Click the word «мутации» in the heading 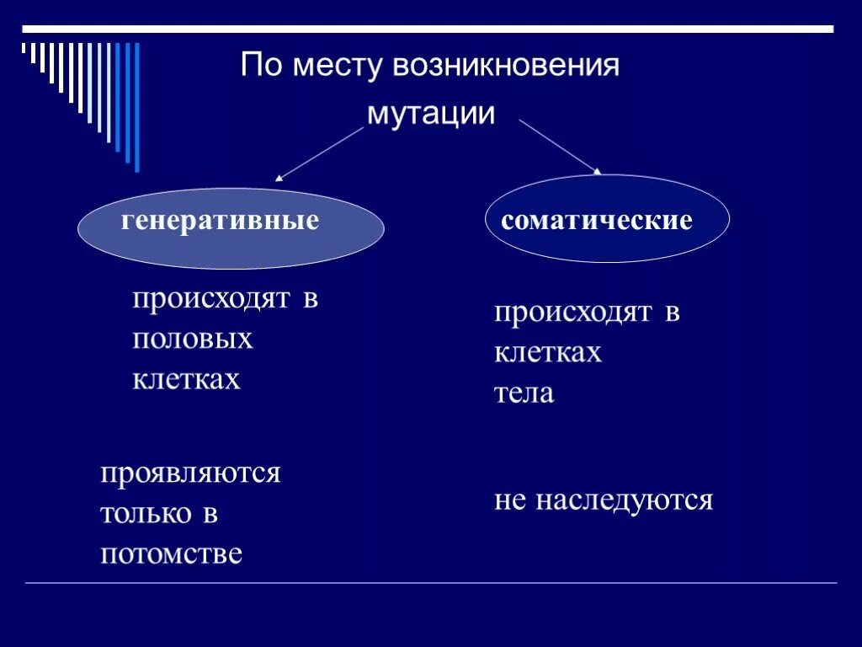tap(430, 115)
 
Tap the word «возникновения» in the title tap(505, 66)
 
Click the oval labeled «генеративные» tap(231, 227)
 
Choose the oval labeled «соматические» tap(608, 219)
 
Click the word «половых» tap(192, 339)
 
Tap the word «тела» tap(524, 393)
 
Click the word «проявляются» tap(190, 473)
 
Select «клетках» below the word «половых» tap(186, 379)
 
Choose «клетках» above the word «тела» tap(548, 352)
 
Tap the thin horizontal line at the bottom tap(431, 583)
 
